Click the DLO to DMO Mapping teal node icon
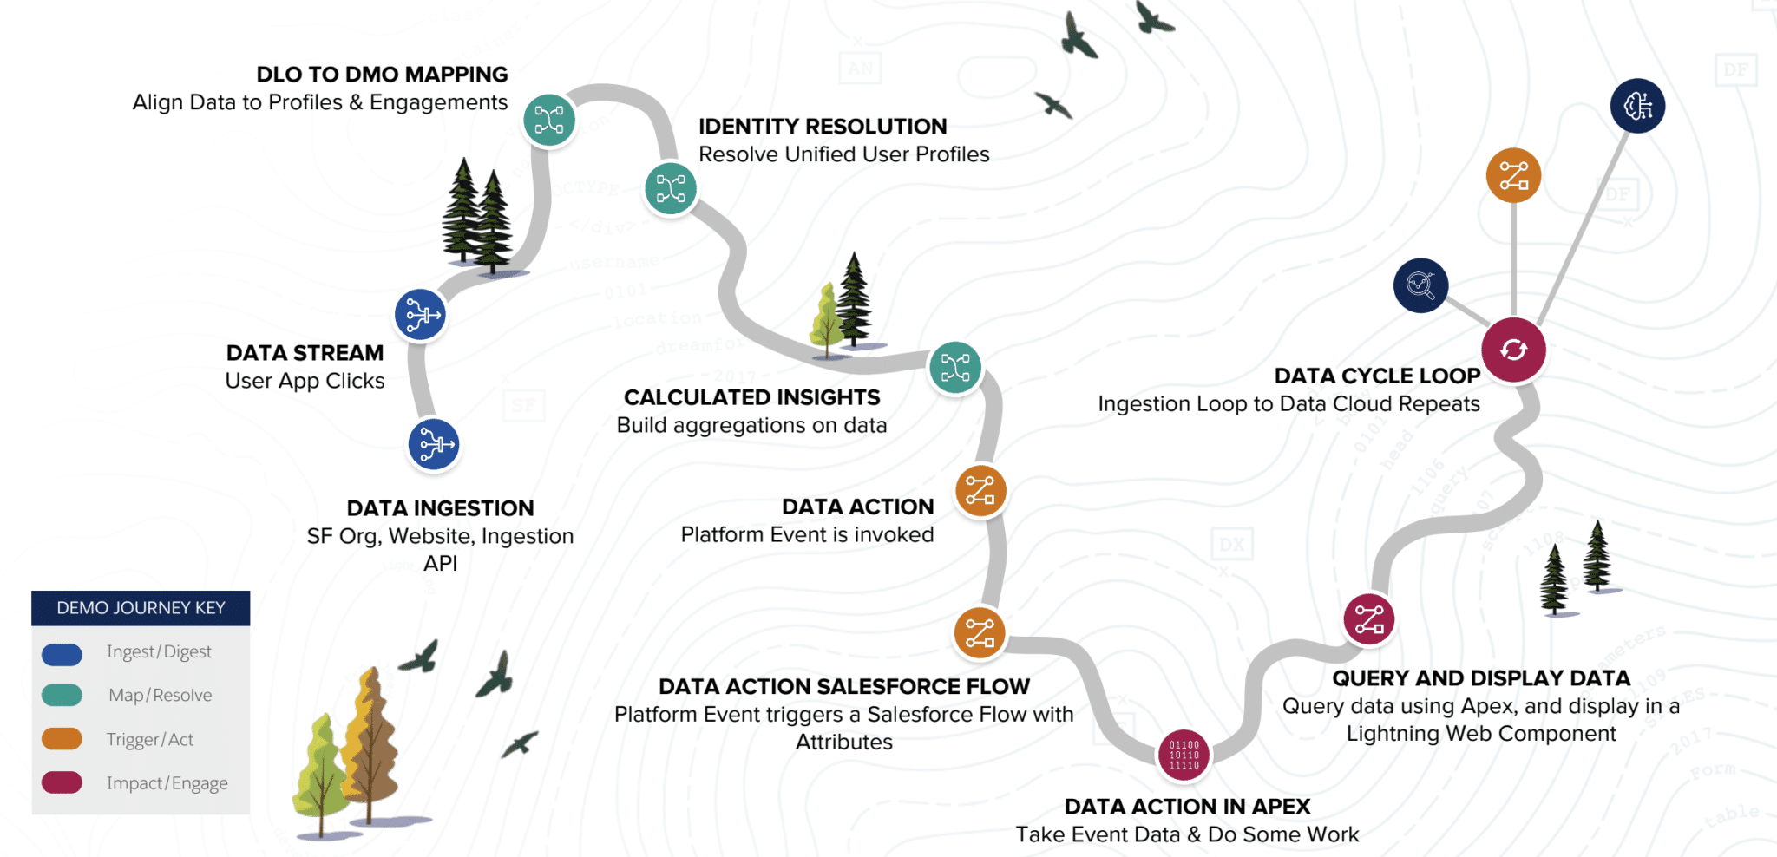click(549, 120)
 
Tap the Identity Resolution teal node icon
click(671, 188)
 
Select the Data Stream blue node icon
click(421, 315)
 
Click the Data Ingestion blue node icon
click(434, 445)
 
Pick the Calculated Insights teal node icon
click(955, 368)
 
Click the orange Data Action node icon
click(980, 491)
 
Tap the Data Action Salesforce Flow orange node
click(980, 633)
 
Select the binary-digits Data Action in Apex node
click(1184, 755)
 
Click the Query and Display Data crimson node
click(1369, 619)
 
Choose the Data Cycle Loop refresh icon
click(1513, 350)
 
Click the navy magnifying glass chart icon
click(1420, 285)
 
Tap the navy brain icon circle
click(1637, 106)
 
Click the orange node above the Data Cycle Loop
click(1513, 175)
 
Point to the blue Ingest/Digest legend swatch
click(62, 654)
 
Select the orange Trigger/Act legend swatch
click(62, 739)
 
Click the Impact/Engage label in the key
click(167, 783)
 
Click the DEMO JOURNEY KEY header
click(141, 608)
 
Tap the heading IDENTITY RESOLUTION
click(823, 127)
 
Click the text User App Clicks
click(305, 381)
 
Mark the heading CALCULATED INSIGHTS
click(751, 397)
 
